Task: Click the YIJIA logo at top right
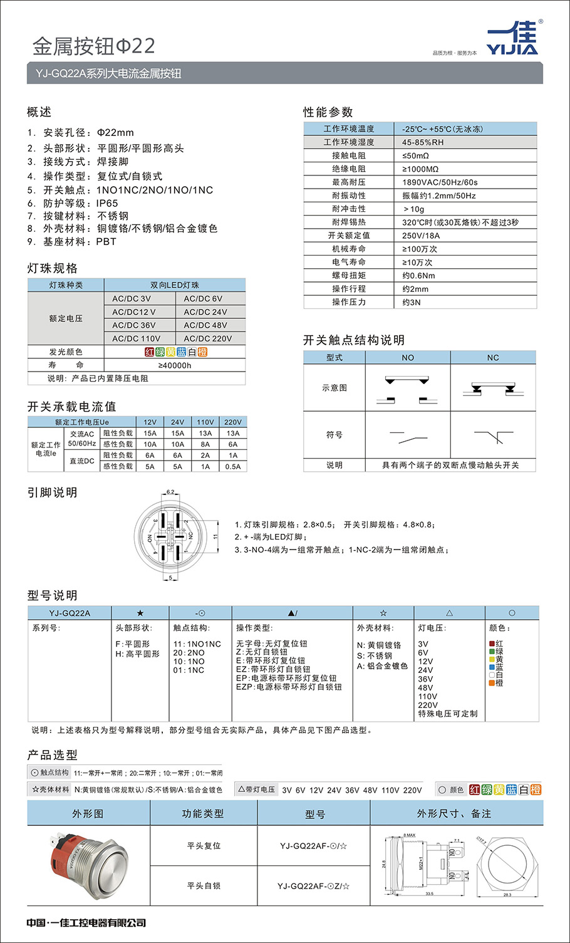(x=512, y=39)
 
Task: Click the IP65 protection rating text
(x=106, y=203)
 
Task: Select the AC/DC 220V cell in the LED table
(x=208, y=338)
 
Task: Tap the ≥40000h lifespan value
(x=175, y=365)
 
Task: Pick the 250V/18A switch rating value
(x=421, y=236)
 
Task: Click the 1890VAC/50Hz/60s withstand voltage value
(x=440, y=182)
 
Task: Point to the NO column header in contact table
(x=408, y=358)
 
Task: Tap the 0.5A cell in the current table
(x=233, y=466)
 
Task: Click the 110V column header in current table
(x=205, y=422)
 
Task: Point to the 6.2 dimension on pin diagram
(x=170, y=492)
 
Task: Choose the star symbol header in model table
(x=140, y=613)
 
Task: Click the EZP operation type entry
(x=289, y=687)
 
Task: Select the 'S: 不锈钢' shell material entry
(x=375, y=655)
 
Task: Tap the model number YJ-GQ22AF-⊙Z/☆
(x=314, y=886)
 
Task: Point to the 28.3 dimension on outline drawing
(x=507, y=895)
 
